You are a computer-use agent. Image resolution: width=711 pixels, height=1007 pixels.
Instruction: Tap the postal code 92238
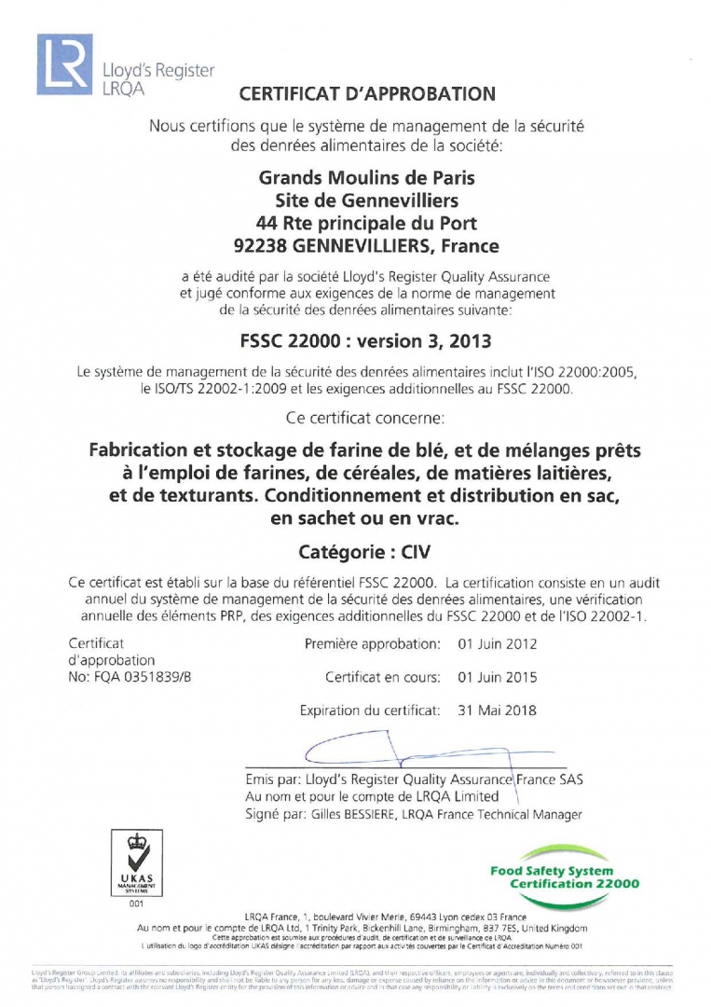point(260,247)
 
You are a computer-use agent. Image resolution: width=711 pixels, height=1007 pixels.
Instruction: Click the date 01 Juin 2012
point(498,644)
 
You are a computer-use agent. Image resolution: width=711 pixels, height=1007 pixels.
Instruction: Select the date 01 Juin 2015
point(498,677)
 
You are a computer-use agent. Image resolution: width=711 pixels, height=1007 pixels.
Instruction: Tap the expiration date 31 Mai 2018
point(498,710)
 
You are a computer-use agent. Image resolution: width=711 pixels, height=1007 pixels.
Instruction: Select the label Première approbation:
point(372,644)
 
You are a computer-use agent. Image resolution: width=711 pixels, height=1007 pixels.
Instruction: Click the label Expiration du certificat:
point(369,710)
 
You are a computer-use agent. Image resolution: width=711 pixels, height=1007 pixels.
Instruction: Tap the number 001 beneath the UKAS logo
point(138,904)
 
